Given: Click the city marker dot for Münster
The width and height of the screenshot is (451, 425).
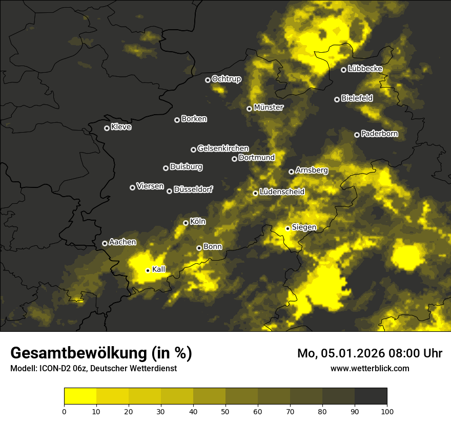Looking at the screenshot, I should [250, 109].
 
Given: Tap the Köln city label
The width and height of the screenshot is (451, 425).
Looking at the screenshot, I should [198, 222].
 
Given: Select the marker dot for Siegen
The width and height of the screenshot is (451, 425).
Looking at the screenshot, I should [288, 228].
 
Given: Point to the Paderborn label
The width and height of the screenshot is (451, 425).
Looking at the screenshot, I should [380, 134].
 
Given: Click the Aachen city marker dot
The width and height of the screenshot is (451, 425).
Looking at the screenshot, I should [105, 243].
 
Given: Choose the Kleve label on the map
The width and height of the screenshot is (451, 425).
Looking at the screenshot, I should [121, 127].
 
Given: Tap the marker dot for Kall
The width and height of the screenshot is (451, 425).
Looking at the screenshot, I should [148, 270].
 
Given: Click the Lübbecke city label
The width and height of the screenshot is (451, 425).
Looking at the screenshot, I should [365, 69].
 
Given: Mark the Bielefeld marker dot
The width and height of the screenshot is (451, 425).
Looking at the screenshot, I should [337, 99].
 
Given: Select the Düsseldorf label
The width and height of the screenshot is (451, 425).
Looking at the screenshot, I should [193, 189].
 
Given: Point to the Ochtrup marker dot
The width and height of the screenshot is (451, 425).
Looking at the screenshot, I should [208, 80].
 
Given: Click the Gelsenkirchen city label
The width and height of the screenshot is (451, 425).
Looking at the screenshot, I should [223, 148].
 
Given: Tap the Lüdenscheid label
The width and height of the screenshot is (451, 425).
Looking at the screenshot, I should [282, 192].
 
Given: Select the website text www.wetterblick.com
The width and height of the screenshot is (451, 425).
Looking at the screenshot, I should [370, 368].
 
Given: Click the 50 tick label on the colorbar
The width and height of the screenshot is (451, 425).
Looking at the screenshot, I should [225, 411].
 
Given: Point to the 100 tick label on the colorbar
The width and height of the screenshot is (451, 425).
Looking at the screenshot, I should [387, 411].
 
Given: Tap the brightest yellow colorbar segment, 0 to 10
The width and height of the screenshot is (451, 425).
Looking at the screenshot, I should [80, 396].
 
